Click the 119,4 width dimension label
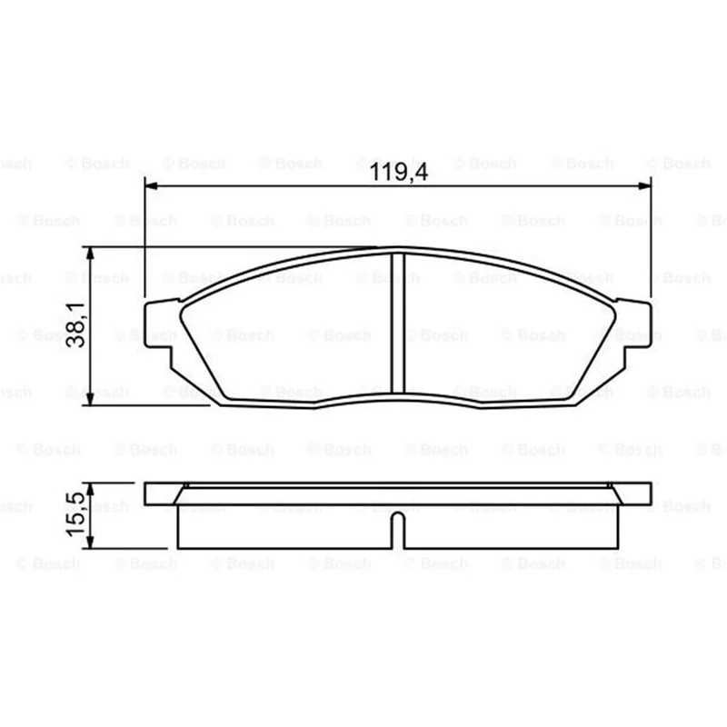399,172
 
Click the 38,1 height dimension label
76,325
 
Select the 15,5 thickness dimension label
76,514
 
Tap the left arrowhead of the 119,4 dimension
152,186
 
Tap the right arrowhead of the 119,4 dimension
644,186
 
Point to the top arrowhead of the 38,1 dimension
90,254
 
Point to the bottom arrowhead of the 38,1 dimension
90,399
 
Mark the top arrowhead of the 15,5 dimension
90,490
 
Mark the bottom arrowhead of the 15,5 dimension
90,542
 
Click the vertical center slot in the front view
398,324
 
